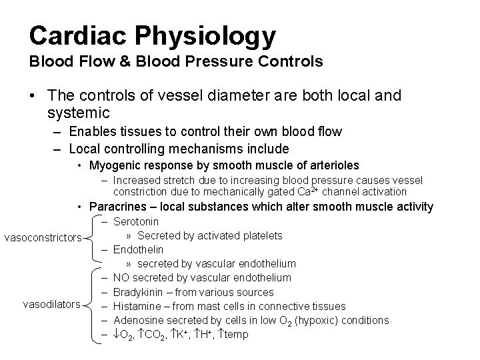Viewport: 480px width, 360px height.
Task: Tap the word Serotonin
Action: tap(136, 221)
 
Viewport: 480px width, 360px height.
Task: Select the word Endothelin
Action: tap(137, 250)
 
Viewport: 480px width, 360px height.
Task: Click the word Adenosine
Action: tap(137, 321)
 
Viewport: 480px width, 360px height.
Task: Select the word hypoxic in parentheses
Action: tap(320, 321)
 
